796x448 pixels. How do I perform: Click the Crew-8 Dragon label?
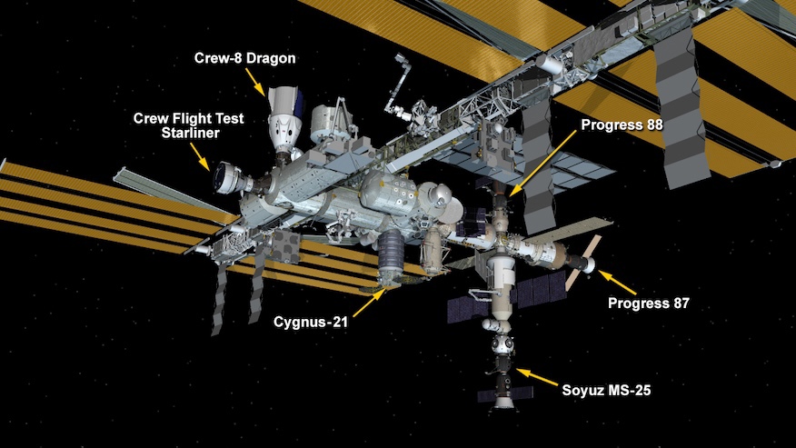coord(244,58)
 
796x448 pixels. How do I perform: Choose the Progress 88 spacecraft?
coord(495,191)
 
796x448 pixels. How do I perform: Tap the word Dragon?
coord(271,58)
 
